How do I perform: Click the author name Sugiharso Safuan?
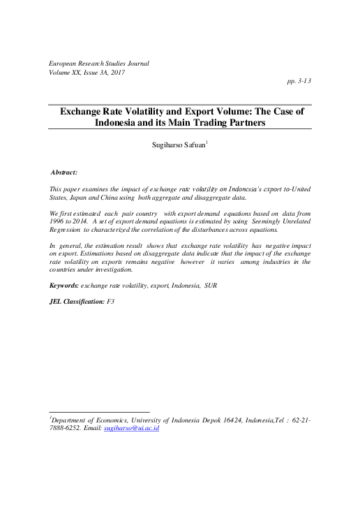pos(181,147)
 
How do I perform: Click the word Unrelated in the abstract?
pos(295,219)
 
